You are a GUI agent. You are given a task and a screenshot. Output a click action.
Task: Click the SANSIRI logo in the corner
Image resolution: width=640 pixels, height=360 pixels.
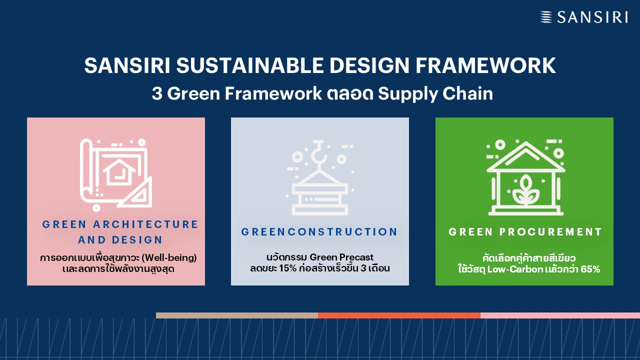(584, 17)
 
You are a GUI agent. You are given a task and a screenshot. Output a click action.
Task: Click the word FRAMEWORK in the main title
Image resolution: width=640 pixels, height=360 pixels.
(485, 65)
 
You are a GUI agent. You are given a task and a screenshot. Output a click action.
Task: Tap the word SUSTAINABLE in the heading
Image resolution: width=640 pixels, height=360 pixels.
(250, 65)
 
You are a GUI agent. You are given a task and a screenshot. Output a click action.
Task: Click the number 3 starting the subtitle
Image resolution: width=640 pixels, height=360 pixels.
(157, 93)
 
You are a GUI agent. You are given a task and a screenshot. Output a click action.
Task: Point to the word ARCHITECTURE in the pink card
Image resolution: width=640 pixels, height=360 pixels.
(145, 224)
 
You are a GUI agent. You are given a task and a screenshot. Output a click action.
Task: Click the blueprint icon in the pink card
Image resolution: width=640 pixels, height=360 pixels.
(115, 175)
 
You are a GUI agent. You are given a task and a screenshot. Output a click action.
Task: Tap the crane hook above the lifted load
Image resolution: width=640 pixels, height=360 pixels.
(319, 153)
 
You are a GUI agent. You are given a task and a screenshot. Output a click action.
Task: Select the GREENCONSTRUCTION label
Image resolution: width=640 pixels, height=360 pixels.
(319, 231)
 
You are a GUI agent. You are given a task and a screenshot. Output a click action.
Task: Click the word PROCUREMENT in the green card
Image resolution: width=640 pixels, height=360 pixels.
(550, 231)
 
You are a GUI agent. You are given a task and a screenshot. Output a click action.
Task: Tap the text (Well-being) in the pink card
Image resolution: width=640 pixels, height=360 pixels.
(170, 257)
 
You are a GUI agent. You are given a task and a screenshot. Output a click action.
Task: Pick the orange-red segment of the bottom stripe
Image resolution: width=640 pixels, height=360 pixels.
(399, 315)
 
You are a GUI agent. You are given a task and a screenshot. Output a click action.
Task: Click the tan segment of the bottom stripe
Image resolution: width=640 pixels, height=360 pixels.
(237, 315)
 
